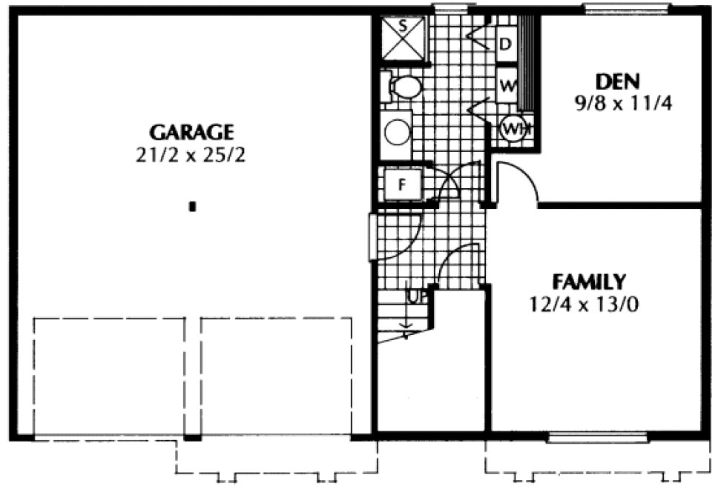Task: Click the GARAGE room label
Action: click(x=192, y=133)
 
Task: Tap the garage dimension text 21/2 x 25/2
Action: click(x=192, y=156)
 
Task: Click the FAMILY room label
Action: click(x=589, y=282)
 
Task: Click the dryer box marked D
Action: click(x=506, y=43)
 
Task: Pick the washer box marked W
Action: click(x=507, y=85)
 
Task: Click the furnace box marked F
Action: click(x=401, y=184)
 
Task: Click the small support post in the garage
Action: click(x=192, y=207)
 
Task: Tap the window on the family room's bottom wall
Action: click(x=596, y=437)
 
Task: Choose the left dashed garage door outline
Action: click(x=109, y=376)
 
